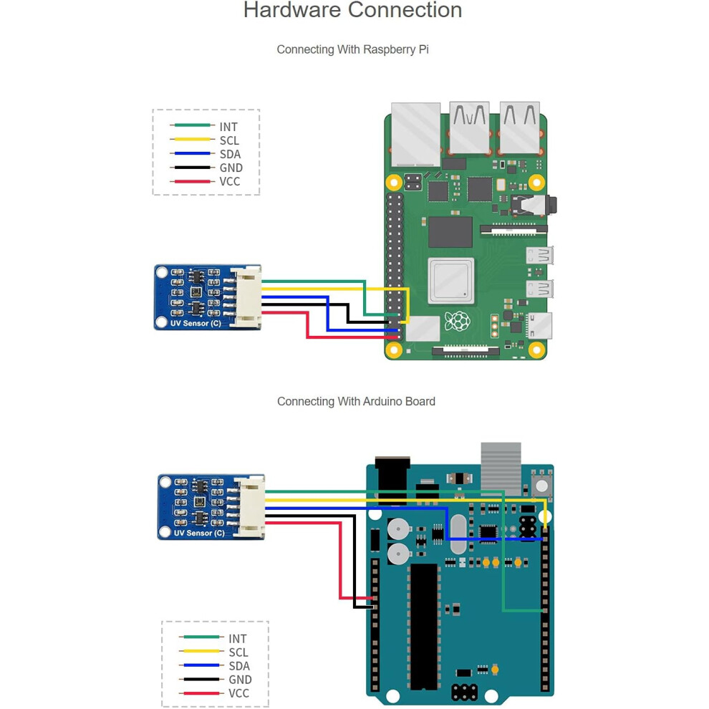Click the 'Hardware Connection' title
(352, 10)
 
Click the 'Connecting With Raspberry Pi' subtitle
(352, 49)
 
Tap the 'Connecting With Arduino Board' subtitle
(357, 402)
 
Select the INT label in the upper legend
(228, 127)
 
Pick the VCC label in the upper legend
(230, 182)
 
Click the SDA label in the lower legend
(239, 666)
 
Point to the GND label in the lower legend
(240, 680)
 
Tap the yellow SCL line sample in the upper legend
(192, 139)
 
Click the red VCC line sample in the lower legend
(201, 693)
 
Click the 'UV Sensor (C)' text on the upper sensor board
(196, 323)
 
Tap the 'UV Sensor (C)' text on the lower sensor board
(199, 533)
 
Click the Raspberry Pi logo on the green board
(458, 322)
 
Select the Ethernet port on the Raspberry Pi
(415, 135)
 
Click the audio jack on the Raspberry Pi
(534, 206)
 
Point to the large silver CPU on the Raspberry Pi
(450, 281)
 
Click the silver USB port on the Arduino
(501, 469)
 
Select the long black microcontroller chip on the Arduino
(424, 626)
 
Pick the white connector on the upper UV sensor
(246, 296)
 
